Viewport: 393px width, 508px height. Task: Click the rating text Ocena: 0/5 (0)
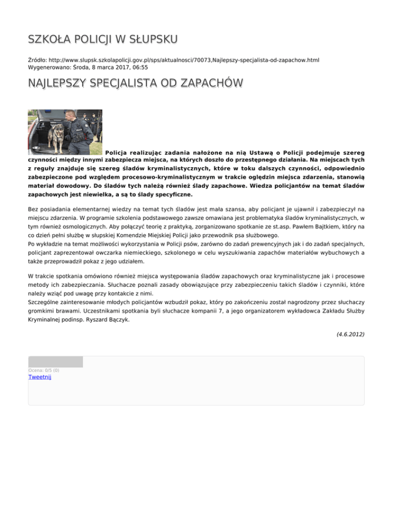coord(43,370)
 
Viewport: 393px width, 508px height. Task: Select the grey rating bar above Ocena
coord(55,362)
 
